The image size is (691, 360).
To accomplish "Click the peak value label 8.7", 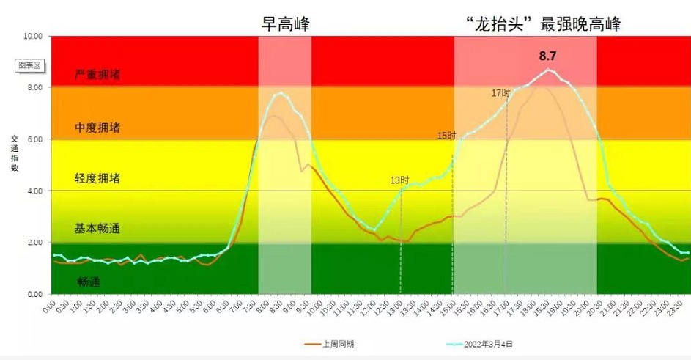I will [x=548, y=56].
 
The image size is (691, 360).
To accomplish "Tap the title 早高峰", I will [x=286, y=24].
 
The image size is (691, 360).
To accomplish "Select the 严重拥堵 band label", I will [x=97, y=75].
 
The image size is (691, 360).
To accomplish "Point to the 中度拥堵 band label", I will [x=97, y=128].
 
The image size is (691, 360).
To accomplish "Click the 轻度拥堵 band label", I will [x=97, y=178].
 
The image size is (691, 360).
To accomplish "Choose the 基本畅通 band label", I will [x=97, y=229].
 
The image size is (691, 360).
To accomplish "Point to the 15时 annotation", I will [x=446, y=136].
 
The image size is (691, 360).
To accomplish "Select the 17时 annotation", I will [x=500, y=93].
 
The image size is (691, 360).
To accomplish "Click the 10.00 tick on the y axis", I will [x=34, y=36].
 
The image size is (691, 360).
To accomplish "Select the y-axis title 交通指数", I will [x=14, y=153].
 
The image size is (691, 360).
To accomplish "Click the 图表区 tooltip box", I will [x=30, y=65].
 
